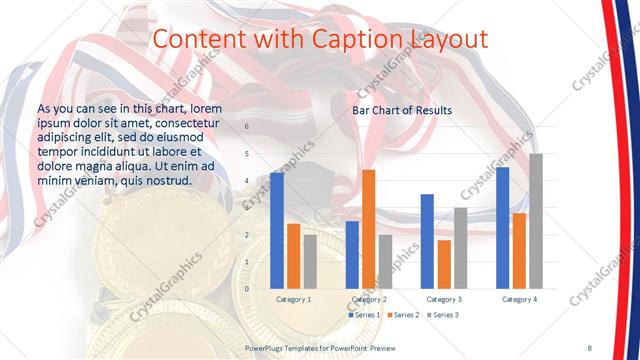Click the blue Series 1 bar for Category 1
[x=277, y=231]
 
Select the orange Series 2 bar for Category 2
[x=368, y=229]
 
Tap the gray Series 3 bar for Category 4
[x=535, y=221]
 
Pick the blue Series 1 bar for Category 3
[x=427, y=241]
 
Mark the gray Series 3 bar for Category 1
[x=310, y=262]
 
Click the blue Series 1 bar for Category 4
[x=502, y=228]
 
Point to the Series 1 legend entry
[x=366, y=315]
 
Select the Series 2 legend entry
[x=403, y=315]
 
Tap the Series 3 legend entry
[x=442, y=315]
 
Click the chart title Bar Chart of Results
[x=402, y=110]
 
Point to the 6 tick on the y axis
[x=247, y=127]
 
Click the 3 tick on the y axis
[x=247, y=208]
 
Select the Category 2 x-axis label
[x=370, y=299]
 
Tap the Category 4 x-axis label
[x=519, y=299]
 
